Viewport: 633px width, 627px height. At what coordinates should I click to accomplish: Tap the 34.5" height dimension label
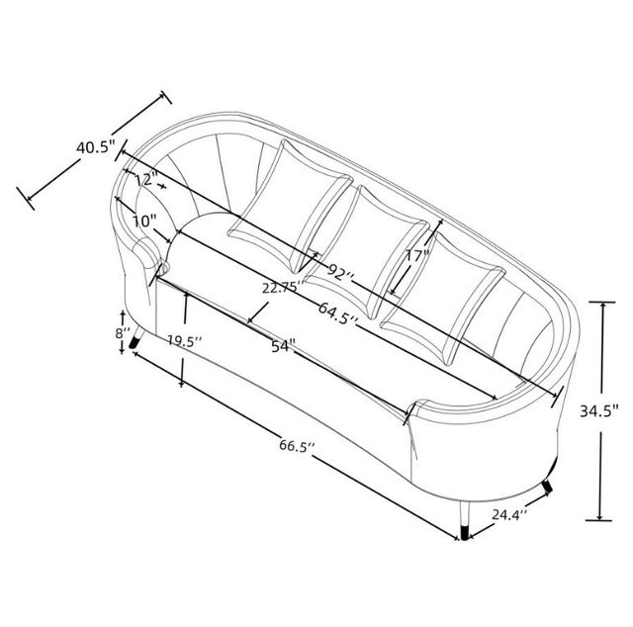[599, 411]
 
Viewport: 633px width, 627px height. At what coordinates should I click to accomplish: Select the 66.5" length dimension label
[297, 446]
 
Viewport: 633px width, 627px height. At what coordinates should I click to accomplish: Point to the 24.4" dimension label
[509, 515]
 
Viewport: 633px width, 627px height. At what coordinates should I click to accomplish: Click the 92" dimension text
[340, 273]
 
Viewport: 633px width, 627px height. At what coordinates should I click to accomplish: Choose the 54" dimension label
[283, 345]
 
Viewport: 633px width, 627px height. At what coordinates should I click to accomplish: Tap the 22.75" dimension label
[283, 288]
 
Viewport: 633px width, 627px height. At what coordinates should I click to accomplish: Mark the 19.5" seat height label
[185, 341]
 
